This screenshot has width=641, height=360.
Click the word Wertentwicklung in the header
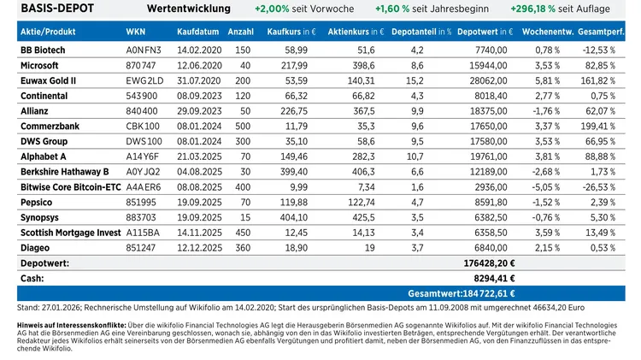(188, 9)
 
